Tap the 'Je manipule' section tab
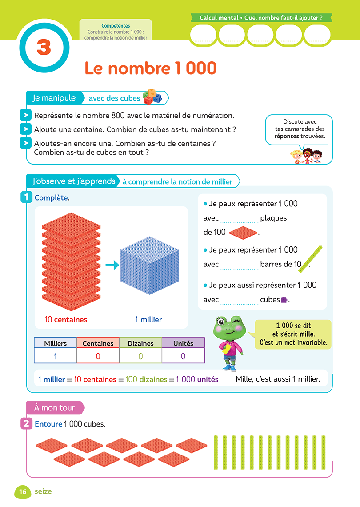(x=54, y=98)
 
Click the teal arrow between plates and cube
(x=112, y=265)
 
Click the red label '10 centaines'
(x=66, y=319)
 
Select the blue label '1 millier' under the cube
(x=148, y=319)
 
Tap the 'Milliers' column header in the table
(x=55, y=343)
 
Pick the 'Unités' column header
(x=183, y=343)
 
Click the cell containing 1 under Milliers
(x=55, y=356)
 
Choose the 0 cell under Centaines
(x=98, y=356)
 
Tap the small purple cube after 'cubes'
(x=284, y=300)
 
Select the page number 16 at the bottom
(x=23, y=491)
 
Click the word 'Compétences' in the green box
(x=116, y=26)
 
